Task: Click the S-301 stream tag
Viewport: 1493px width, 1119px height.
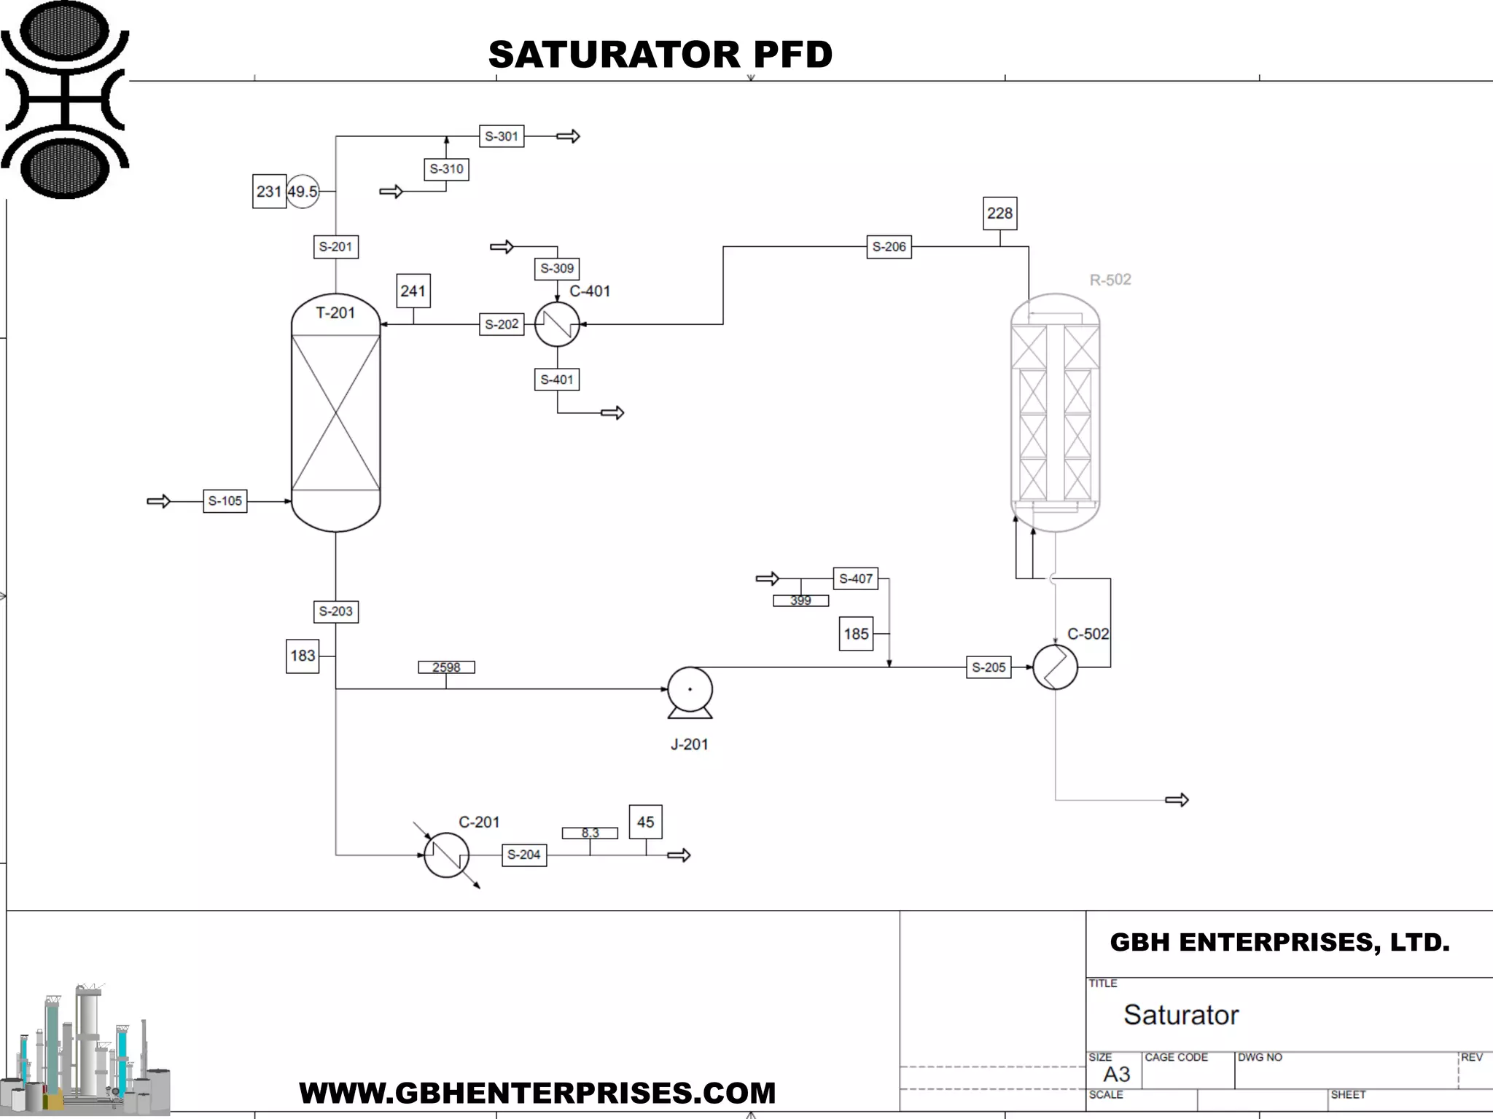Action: (x=502, y=136)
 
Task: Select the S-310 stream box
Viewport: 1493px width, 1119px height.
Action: (x=446, y=169)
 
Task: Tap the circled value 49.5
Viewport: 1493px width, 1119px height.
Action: (x=303, y=192)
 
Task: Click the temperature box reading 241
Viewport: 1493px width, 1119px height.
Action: (x=413, y=291)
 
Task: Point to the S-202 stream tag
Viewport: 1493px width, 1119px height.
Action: (x=502, y=324)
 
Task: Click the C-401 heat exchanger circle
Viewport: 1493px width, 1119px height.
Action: (x=557, y=324)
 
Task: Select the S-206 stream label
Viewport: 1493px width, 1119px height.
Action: (x=889, y=247)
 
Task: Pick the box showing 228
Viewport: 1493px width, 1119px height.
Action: (x=999, y=213)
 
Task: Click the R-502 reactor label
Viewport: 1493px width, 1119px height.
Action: (x=1110, y=280)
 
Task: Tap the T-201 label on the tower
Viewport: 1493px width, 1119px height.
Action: (x=335, y=313)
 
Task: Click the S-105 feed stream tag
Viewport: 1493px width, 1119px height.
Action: (x=225, y=501)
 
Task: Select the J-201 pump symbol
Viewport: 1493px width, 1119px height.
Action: (x=690, y=691)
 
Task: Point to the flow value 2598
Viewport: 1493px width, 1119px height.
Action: (x=446, y=667)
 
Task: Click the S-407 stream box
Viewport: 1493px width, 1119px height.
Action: (x=855, y=579)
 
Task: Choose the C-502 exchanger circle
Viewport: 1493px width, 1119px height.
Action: (x=1055, y=667)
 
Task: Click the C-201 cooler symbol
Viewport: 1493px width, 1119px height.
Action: (x=446, y=855)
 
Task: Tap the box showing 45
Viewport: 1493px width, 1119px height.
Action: (x=645, y=822)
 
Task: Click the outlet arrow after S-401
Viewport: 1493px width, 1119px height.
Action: (x=612, y=413)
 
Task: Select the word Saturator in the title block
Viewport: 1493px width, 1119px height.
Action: (x=1181, y=1015)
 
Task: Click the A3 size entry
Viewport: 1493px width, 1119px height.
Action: (x=1116, y=1074)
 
